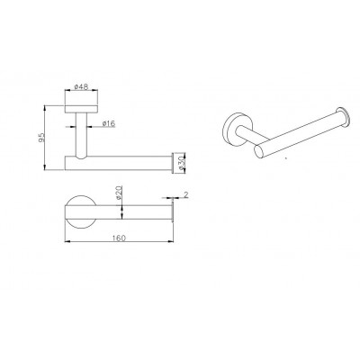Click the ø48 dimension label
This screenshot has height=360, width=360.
click(x=81, y=86)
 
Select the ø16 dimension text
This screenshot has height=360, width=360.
click(x=109, y=123)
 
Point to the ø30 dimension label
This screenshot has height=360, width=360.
click(x=181, y=163)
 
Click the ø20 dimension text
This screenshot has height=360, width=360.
click(x=119, y=193)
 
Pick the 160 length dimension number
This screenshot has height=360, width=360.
click(x=119, y=238)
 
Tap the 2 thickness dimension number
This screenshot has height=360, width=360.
click(x=186, y=194)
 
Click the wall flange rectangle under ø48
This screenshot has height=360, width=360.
click(x=81, y=109)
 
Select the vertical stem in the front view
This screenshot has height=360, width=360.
click(x=81, y=135)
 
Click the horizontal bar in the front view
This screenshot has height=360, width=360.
click(x=118, y=163)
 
